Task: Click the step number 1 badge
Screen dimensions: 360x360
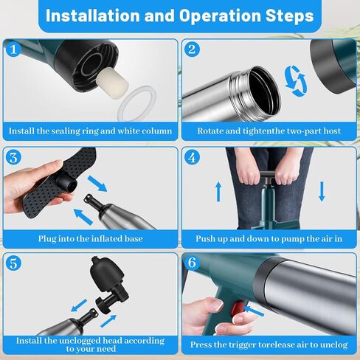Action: (x=13, y=49)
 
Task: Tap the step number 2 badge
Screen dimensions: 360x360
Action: (x=192, y=49)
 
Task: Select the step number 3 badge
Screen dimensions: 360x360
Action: (x=13, y=157)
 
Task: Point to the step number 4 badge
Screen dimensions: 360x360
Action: (x=192, y=157)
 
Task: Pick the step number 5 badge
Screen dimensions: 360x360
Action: (x=13, y=263)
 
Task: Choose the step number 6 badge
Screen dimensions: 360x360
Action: (x=192, y=263)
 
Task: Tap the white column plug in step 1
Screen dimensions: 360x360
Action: (x=112, y=83)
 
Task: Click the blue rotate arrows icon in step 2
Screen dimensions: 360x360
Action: (x=296, y=81)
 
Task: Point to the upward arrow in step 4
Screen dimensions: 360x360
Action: (x=218, y=192)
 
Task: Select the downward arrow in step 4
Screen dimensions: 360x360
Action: (x=322, y=192)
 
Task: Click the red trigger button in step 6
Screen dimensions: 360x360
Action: (x=238, y=308)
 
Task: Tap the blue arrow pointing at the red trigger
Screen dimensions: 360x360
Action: (x=255, y=311)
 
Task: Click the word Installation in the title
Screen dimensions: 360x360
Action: (x=93, y=15)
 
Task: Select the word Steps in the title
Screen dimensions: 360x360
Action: (x=289, y=16)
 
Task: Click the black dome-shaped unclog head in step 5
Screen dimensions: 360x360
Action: (x=107, y=273)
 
